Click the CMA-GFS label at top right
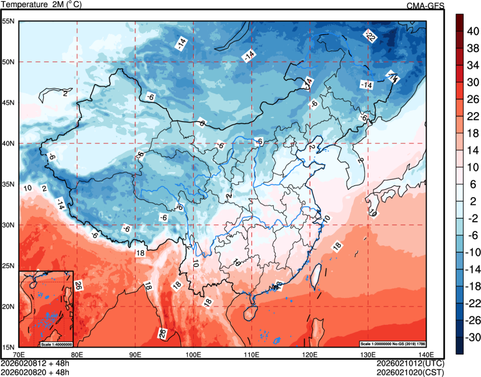click(x=425, y=5)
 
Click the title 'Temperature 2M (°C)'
click(x=41, y=5)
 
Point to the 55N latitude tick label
click(x=9, y=21)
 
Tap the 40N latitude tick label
click(x=9, y=143)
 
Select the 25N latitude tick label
click(x=9, y=266)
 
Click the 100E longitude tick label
click(x=193, y=355)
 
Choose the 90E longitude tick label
click(x=135, y=355)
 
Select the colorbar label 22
click(x=473, y=116)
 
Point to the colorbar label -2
click(x=472, y=218)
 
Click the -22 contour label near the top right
click(x=370, y=36)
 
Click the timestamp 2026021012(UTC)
click(x=410, y=363)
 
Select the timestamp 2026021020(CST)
click(x=410, y=371)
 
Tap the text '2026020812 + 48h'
click(x=35, y=363)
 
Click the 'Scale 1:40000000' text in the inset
click(x=57, y=343)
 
